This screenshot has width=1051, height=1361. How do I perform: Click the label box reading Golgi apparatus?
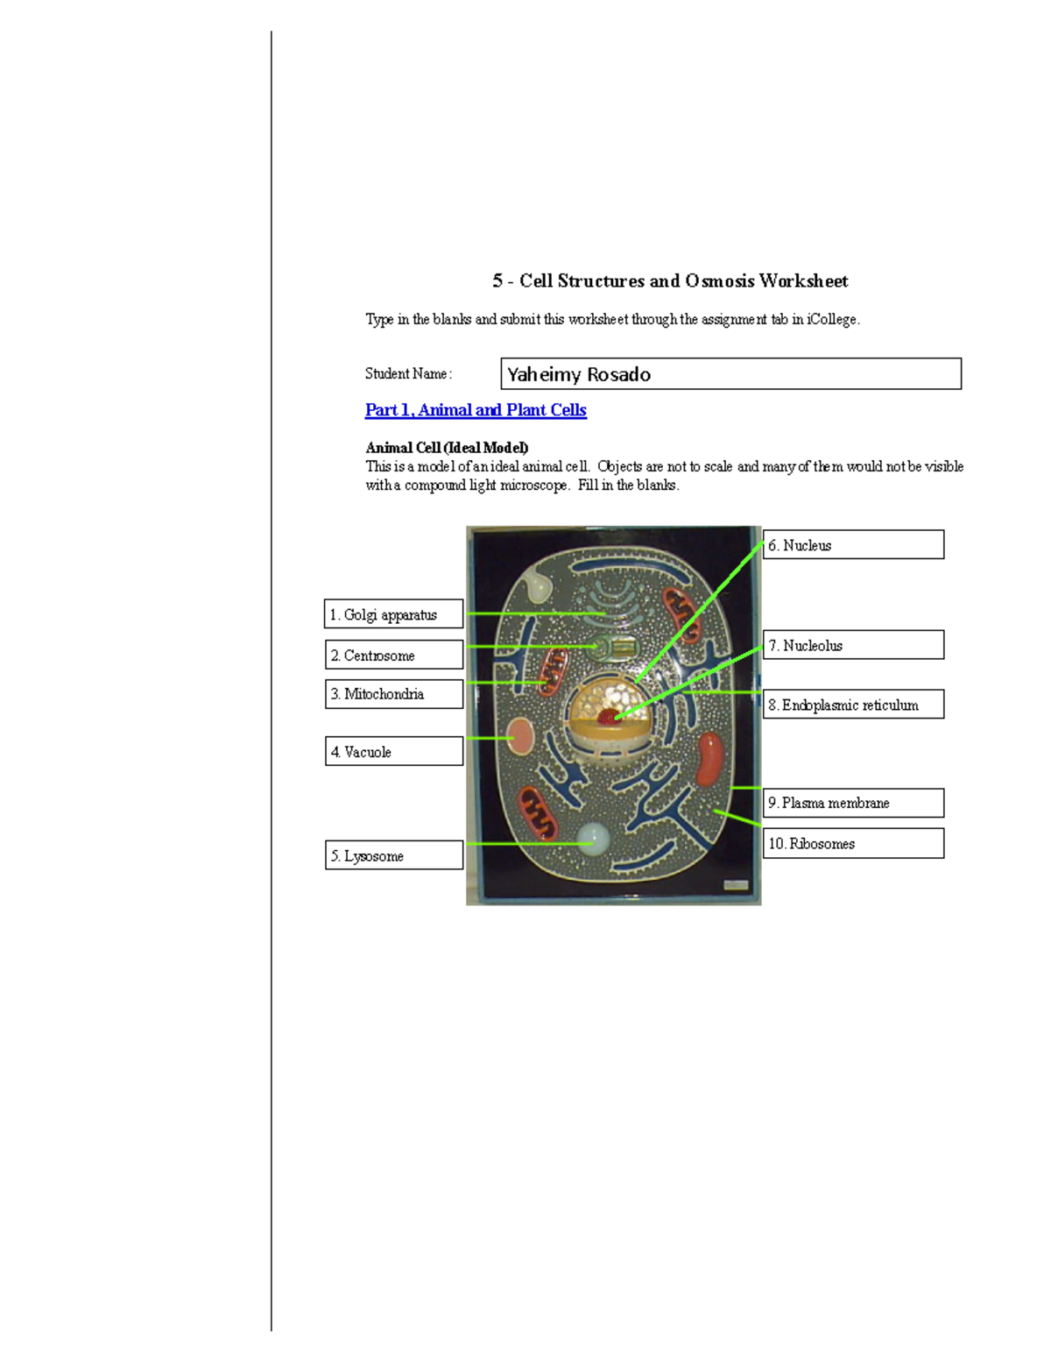pyautogui.click(x=393, y=614)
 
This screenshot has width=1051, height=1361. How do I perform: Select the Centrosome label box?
pyautogui.click(x=393, y=655)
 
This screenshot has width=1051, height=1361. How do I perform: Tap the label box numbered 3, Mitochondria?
pyautogui.click(x=393, y=694)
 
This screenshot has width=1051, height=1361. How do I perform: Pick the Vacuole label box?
pyautogui.click(x=393, y=751)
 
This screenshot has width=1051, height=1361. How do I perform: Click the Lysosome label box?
pyautogui.click(x=393, y=855)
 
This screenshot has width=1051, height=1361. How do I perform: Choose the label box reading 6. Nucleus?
pyautogui.click(x=853, y=544)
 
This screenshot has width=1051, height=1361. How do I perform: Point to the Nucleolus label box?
pyautogui.click(x=853, y=645)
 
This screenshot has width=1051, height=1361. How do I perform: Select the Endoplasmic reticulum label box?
pyautogui.click(x=853, y=705)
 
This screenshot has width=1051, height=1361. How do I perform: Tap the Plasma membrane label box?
pyautogui.click(x=853, y=803)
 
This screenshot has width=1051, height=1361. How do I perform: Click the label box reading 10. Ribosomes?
pyautogui.click(x=853, y=843)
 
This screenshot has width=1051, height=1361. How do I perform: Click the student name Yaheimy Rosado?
pyautogui.click(x=579, y=374)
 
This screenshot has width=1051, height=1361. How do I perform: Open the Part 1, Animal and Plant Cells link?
pyautogui.click(x=476, y=410)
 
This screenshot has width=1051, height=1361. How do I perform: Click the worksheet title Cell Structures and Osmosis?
pyautogui.click(x=670, y=281)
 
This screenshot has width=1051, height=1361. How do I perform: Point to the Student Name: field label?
pyautogui.click(x=408, y=374)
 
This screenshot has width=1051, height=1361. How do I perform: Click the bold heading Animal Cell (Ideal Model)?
pyautogui.click(x=447, y=448)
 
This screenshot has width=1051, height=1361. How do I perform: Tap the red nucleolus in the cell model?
pyautogui.click(x=607, y=717)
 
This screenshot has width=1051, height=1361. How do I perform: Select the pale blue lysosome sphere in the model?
pyautogui.click(x=595, y=839)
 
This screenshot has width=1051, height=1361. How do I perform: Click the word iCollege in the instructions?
pyautogui.click(x=831, y=320)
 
